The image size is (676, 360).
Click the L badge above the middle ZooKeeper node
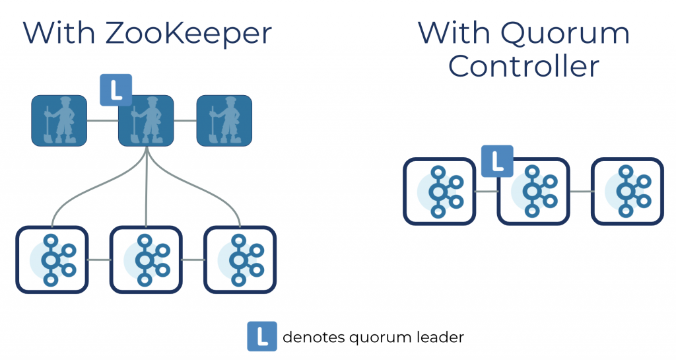116,90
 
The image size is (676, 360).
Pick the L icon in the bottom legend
262,337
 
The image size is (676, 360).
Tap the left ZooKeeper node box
59,121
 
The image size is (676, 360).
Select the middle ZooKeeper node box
146,121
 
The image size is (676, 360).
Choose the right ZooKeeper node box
224,121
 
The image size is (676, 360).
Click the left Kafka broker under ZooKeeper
52,260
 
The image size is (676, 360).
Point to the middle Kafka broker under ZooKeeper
146,260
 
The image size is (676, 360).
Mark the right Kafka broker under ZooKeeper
240,260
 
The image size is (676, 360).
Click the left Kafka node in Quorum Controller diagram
439,191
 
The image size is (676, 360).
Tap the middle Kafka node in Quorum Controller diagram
533,191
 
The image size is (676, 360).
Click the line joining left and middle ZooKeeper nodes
102,121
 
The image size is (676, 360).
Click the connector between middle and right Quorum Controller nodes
580,192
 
